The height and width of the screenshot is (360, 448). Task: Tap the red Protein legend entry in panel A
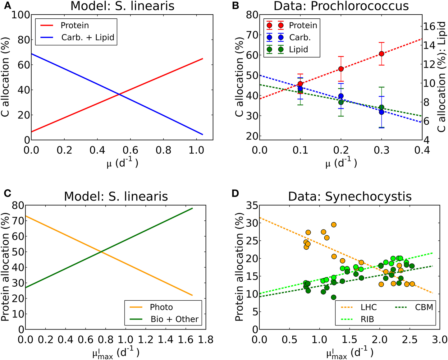click(75, 25)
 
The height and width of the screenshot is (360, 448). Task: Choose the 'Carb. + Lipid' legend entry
click(88, 38)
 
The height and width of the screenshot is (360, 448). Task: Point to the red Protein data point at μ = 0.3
click(382, 54)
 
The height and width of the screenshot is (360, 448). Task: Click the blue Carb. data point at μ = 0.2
click(341, 96)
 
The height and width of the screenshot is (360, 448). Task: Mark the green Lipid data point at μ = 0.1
click(300, 91)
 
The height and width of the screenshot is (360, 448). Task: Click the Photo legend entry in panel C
click(161, 307)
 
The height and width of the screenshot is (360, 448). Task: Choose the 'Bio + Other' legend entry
click(174, 319)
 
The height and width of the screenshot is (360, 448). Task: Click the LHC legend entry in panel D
click(368, 307)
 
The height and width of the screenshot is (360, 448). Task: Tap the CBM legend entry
click(424, 307)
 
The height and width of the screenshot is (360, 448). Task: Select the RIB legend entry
click(367, 319)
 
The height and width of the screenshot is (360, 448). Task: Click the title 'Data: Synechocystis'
click(350, 196)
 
